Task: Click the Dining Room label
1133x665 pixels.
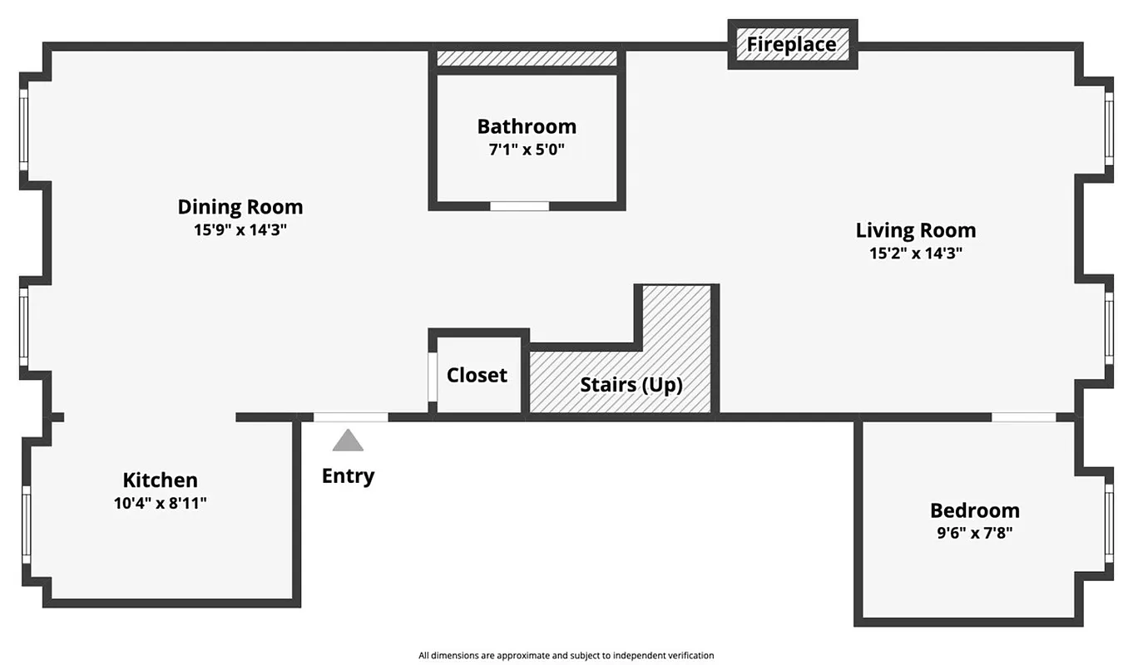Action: (240, 206)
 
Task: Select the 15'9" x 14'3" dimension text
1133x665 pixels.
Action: (240, 230)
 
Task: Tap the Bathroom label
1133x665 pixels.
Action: (527, 126)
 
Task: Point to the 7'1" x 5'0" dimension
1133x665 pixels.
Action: (527, 150)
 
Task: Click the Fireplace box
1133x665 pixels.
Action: (792, 44)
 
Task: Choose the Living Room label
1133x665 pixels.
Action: (916, 229)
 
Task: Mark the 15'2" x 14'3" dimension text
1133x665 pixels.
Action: (916, 254)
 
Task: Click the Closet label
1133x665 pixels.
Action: (477, 375)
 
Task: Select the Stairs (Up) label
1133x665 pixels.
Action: (631, 385)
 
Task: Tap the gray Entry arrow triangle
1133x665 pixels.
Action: (348, 441)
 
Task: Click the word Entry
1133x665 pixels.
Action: (348, 476)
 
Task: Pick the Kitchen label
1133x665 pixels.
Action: (161, 480)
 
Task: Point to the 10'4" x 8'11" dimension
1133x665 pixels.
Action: (161, 503)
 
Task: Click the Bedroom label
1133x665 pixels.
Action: (975, 510)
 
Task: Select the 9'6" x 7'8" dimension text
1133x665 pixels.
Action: (975, 534)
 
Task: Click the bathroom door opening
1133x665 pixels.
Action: (519, 206)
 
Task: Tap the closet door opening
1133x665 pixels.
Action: (433, 377)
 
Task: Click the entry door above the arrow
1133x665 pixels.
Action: (350, 417)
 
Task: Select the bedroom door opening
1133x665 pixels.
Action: (1023, 417)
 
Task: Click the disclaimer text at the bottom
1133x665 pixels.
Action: (566, 655)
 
